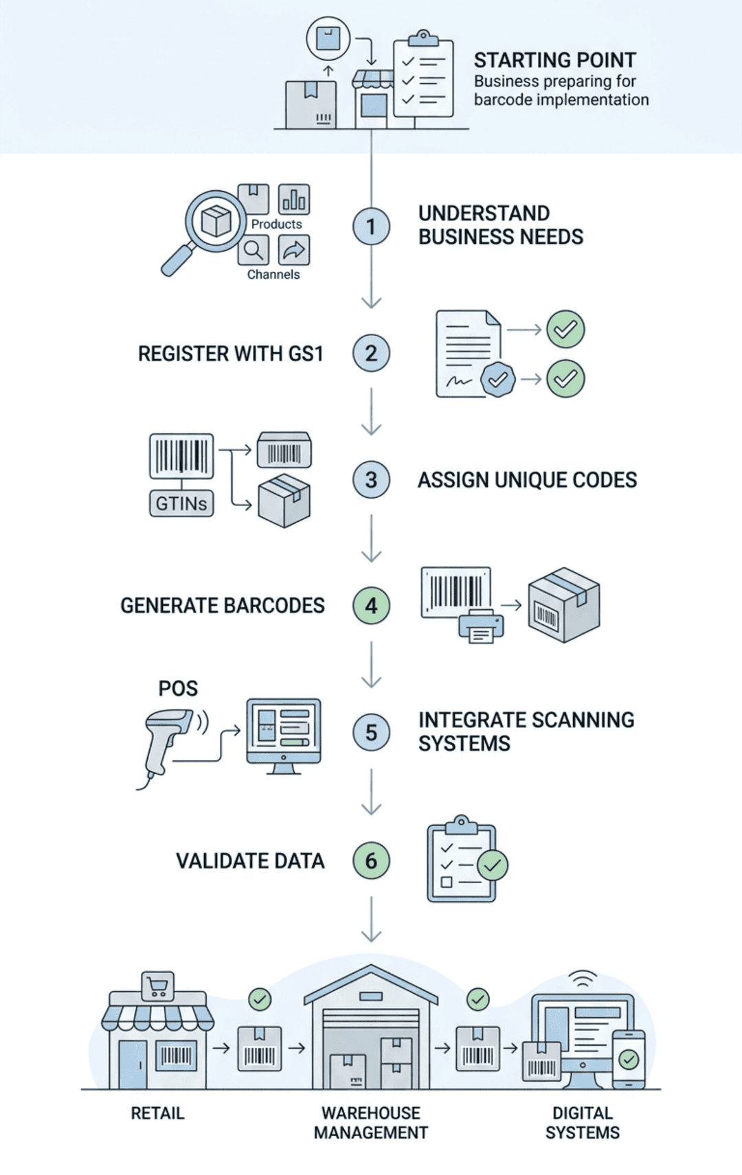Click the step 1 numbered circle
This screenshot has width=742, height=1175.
(371, 227)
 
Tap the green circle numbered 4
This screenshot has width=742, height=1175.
(371, 606)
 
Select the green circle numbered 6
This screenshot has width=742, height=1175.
(371, 860)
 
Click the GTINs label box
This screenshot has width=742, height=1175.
(181, 503)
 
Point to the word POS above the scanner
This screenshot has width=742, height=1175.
(178, 688)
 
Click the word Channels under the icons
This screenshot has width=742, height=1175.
(273, 274)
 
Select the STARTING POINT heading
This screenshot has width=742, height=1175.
(554, 60)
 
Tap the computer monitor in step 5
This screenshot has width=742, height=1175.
(284, 733)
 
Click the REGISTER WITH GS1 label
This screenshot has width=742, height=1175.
(230, 354)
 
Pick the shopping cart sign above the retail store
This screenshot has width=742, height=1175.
(157, 987)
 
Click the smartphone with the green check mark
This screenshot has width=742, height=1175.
(628, 1058)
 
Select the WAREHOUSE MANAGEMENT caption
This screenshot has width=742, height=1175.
(371, 1123)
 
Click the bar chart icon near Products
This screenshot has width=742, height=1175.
(294, 200)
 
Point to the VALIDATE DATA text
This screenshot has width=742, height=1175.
(249, 861)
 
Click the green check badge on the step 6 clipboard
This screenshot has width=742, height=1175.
(493, 866)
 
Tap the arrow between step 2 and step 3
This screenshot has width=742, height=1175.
(371, 412)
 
